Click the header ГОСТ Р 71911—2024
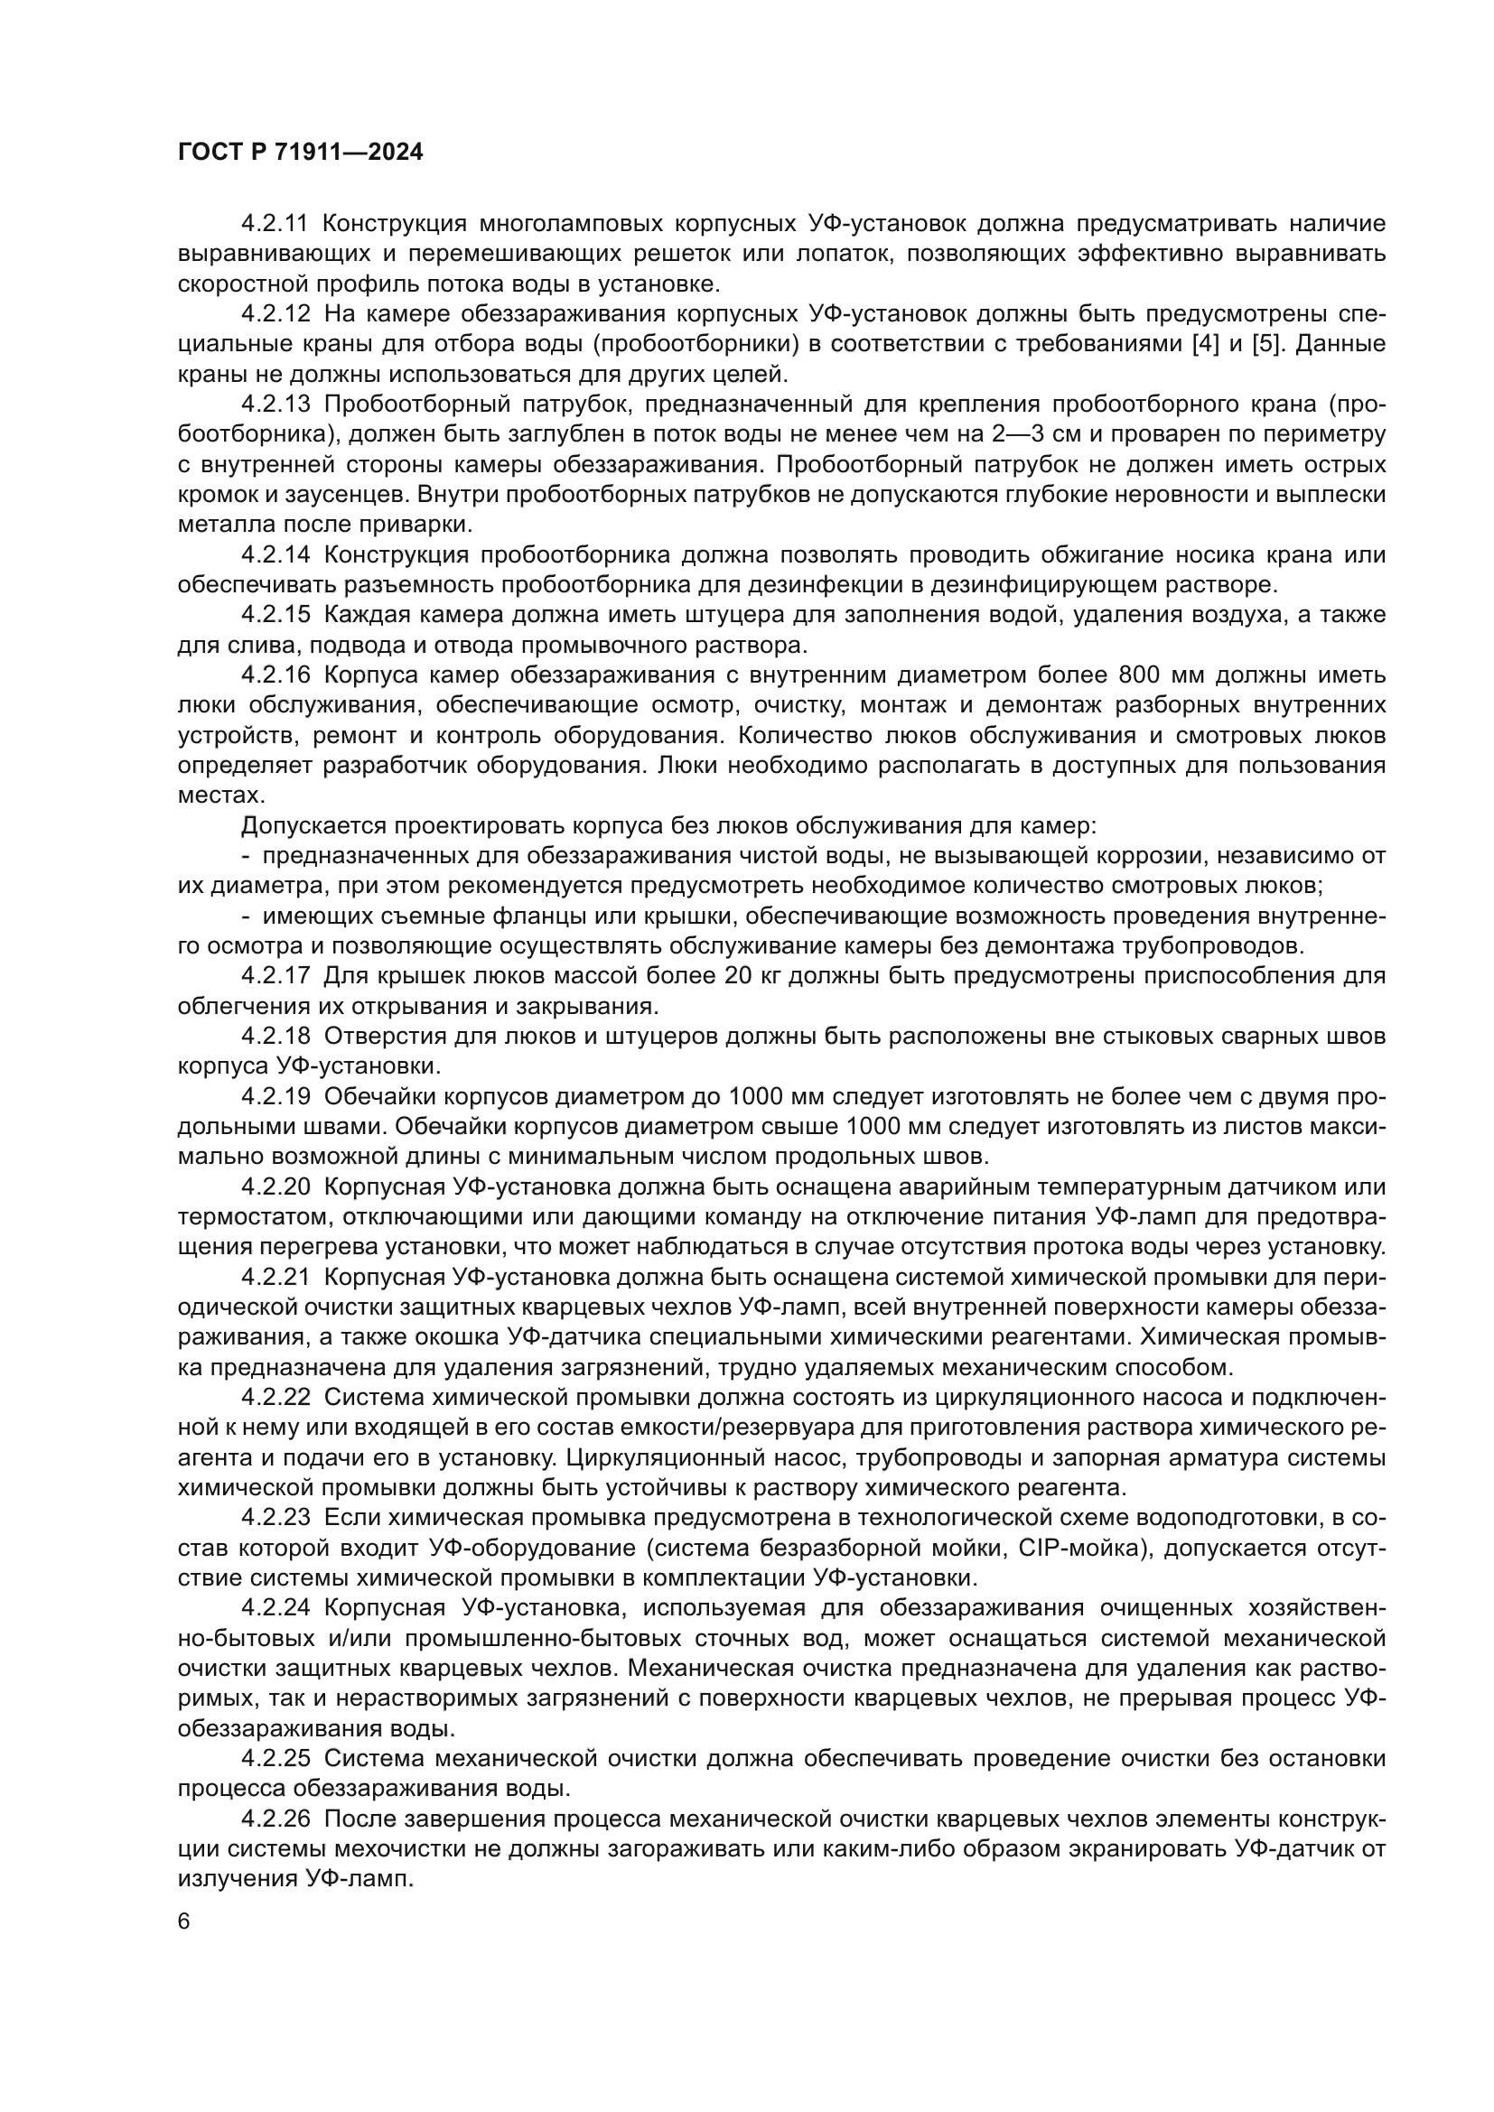300,153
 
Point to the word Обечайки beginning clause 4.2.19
379,1097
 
